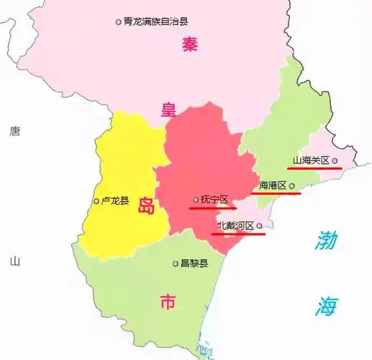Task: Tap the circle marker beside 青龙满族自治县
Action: (x=119, y=22)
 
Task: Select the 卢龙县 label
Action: (x=115, y=201)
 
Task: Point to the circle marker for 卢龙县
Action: (x=97, y=201)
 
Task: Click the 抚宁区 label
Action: (x=214, y=199)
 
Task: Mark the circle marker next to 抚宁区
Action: (x=196, y=199)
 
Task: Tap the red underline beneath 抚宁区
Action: (x=212, y=208)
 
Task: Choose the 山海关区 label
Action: (x=310, y=161)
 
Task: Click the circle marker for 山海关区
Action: (x=335, y=161)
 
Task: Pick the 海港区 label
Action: (x=272, y=186)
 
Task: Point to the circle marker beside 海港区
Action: (x=292, y=186)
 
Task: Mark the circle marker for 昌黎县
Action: (x=176, y=264)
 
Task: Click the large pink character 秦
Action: (x=190, y=45)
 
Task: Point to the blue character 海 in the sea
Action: (x=325, y=306)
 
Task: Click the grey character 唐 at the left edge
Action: (x=14, y=131)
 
